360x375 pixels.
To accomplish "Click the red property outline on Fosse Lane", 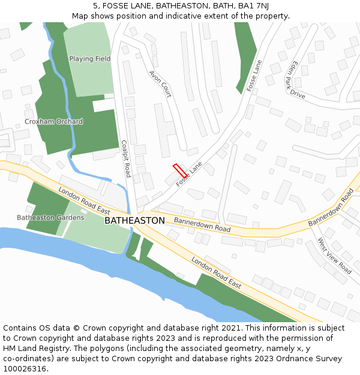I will point(179,170).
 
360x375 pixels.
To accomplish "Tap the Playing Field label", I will point(90,59).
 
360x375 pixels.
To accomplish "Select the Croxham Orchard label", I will point(53,121).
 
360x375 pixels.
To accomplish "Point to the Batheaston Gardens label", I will point(50,217).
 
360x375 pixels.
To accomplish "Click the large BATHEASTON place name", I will point(134,221).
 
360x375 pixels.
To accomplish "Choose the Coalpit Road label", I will point(125,159).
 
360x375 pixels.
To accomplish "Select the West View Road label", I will point(334,256).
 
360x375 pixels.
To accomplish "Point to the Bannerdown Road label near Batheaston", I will point(202,225).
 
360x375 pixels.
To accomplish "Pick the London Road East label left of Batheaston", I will point(85,201).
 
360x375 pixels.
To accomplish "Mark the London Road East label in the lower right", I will point(217,273).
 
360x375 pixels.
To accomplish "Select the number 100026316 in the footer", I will point(25,369).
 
